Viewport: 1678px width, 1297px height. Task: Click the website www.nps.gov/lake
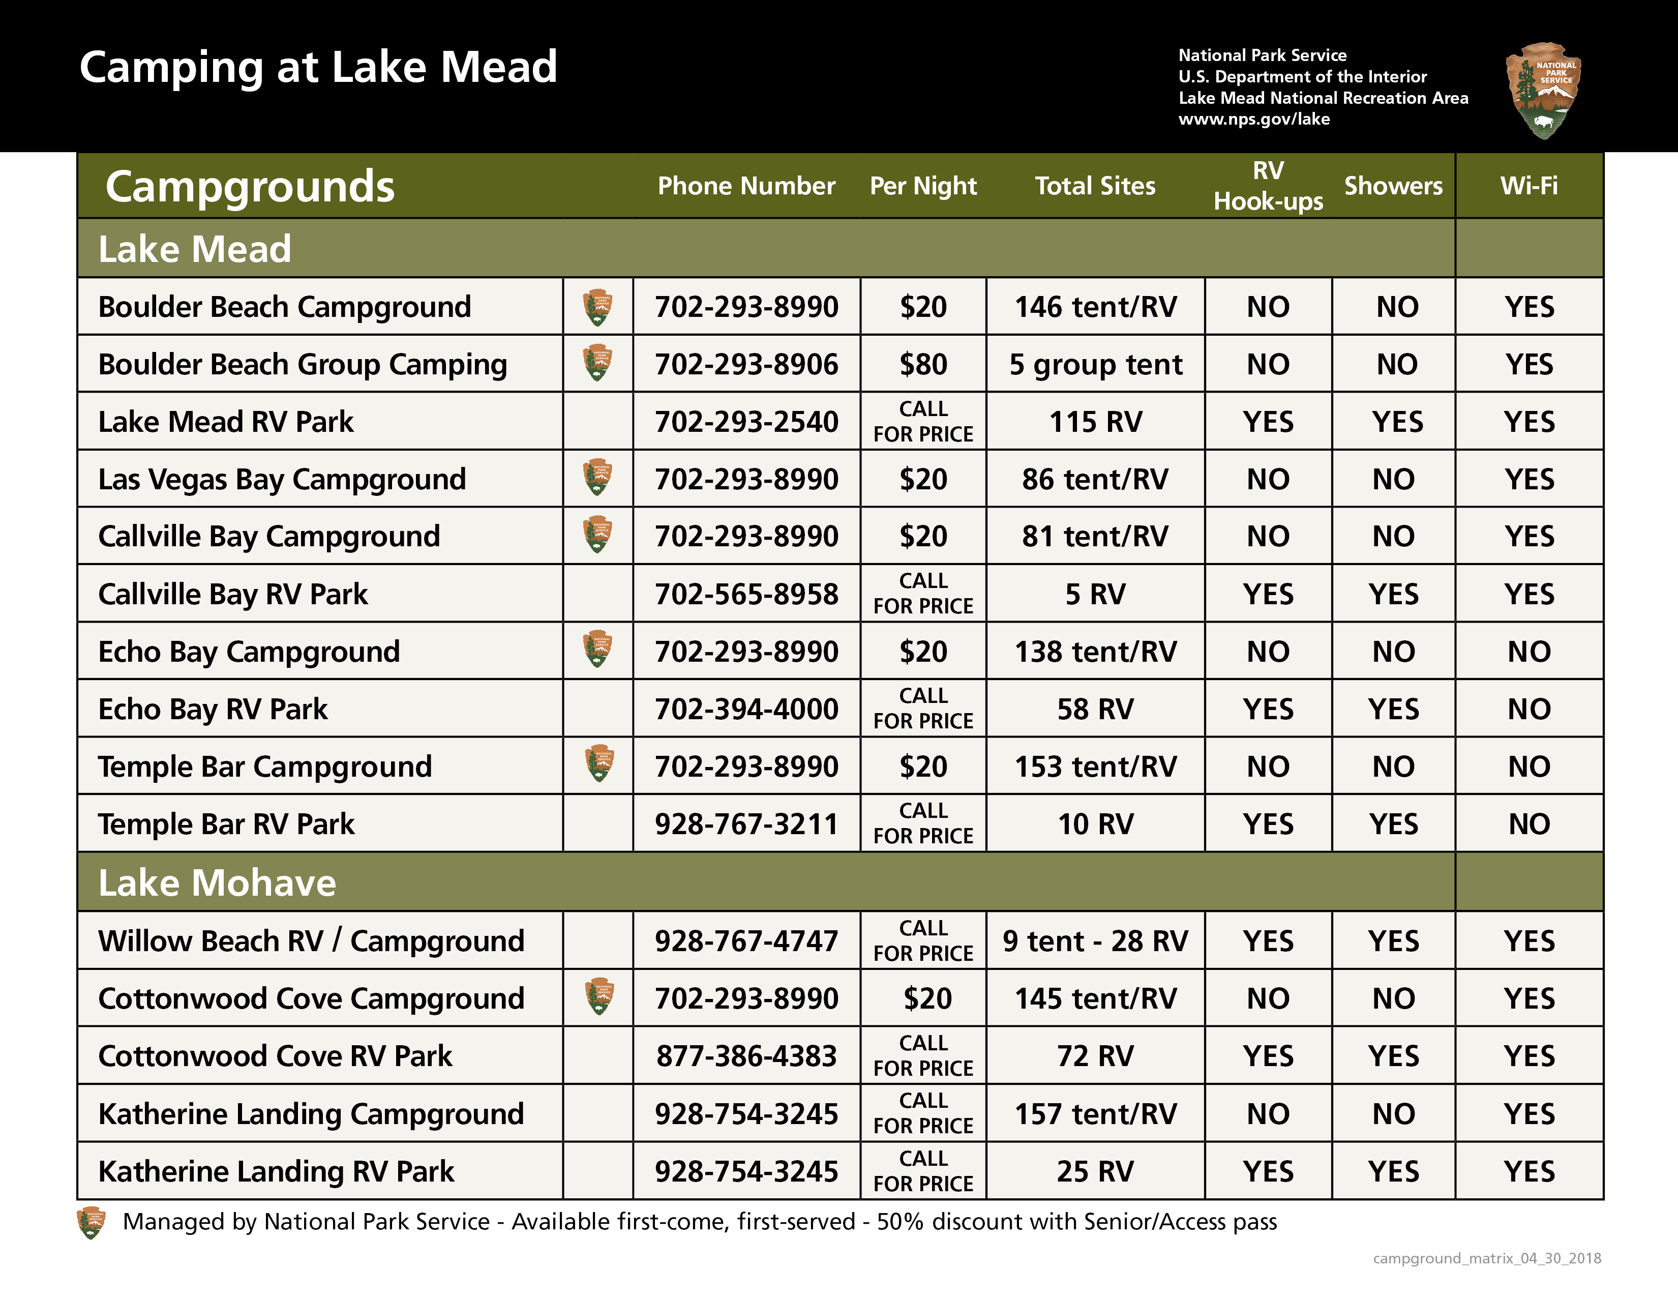click(1254, 119)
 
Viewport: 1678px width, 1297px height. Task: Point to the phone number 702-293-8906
click(746, 364)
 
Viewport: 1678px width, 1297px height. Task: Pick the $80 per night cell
click(923, 364)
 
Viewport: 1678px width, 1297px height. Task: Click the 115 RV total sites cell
click(1095, 422)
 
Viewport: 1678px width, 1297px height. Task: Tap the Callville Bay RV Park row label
click(233, 594)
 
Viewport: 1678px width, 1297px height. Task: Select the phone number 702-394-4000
click(746, 709)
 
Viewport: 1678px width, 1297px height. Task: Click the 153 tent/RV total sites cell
click(1095, 767)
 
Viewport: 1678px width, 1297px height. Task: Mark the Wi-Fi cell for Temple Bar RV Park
click(1529, 823)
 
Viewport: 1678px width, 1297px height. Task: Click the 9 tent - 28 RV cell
click(1095, 940)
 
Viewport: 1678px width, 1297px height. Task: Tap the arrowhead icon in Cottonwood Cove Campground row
click(598, 997)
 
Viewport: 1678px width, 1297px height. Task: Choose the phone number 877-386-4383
click(746, 1056)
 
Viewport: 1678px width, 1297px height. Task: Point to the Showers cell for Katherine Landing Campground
click(1393, 1113)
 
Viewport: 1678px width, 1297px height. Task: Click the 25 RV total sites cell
click(1095, 1171)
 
